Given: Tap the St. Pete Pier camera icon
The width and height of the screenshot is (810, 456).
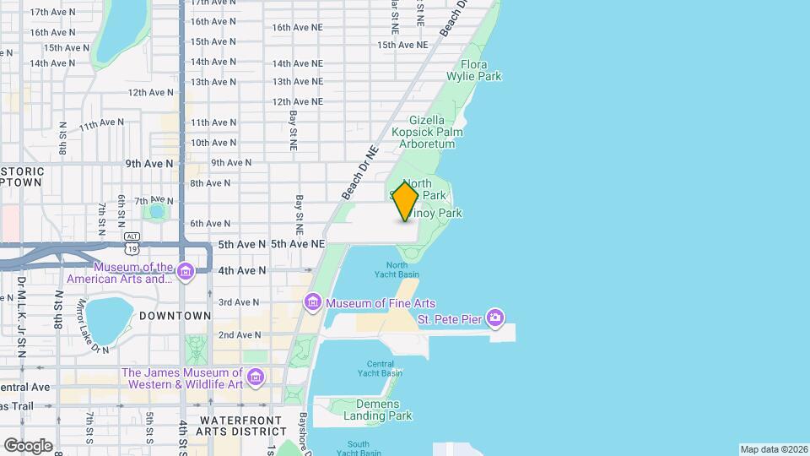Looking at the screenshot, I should click(496, 318).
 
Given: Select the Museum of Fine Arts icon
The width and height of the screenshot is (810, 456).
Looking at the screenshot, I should click(313, 302).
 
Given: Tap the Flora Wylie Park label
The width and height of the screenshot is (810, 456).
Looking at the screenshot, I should click(481, 70).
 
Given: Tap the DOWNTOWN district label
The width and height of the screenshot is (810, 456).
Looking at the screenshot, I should click(175, 316).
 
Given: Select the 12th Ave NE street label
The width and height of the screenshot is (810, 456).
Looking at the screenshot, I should click(298, 102).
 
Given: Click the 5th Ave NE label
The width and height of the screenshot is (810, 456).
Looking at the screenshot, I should click(298, 244).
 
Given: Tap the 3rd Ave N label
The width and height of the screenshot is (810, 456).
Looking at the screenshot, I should click(239, 302).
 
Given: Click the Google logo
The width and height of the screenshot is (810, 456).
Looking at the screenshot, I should click(29, 445).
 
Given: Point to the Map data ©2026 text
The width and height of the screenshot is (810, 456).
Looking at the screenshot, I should click(773, 449).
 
